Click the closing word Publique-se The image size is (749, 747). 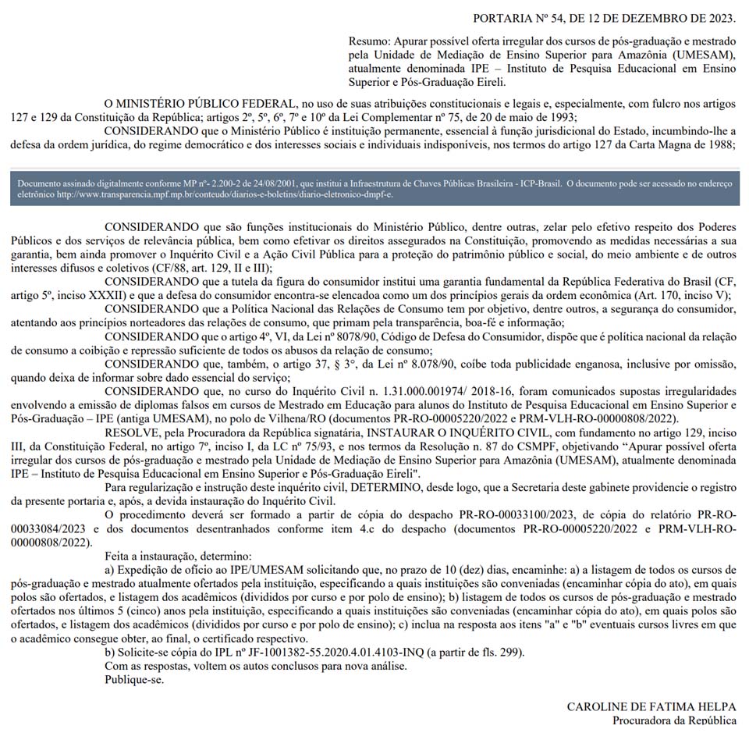pos(135,679)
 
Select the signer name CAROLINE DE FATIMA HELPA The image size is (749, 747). pos(651,706)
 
